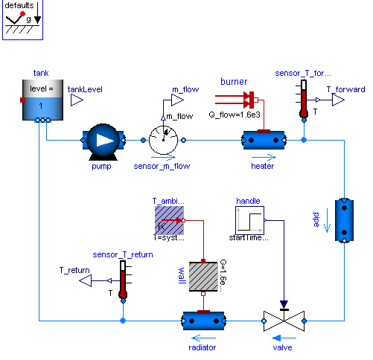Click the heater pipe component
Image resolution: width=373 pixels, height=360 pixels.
pos(263,140)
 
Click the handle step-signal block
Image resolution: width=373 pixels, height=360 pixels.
pos(249,220)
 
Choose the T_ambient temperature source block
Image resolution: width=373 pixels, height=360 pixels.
pos(169,220)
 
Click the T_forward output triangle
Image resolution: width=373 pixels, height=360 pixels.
pos(338,100)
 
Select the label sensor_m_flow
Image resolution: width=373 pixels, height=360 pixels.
pos(162,166)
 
